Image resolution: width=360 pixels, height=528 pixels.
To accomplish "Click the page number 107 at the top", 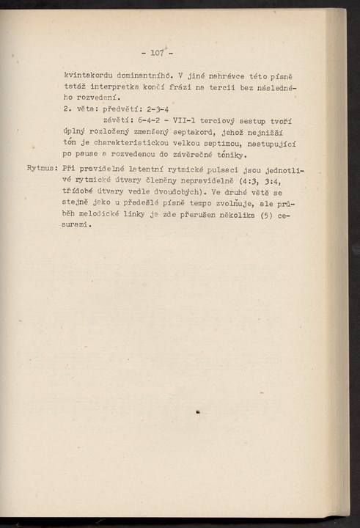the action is coord(155,52).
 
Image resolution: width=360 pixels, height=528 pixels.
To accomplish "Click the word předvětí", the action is coord(129,109).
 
